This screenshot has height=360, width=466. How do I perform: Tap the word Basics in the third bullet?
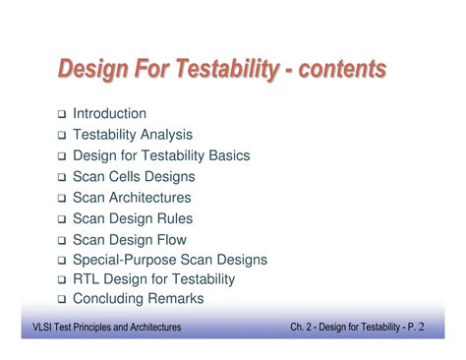click(228, 155)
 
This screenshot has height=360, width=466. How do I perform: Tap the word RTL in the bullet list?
click(87, 279)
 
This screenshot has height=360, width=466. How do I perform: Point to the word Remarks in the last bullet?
click(175, 299)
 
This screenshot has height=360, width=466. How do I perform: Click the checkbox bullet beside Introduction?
click(61, 115)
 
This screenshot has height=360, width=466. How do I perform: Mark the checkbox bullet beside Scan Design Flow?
click(61, 240)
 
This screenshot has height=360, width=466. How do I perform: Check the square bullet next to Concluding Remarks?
click(61, 300)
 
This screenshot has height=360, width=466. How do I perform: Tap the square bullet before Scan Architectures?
click(61, 199)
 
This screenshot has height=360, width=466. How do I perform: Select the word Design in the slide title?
click(92, 69)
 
